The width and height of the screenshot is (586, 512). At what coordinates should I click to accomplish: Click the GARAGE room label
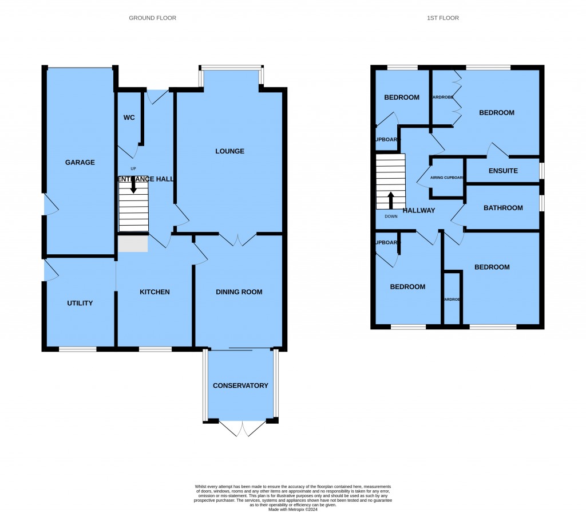[80, 163]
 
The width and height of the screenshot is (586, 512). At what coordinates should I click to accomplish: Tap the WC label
[129, 118]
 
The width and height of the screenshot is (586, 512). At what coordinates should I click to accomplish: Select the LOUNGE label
[229, 151]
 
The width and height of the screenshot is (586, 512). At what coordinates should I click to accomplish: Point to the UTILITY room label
[80, 303]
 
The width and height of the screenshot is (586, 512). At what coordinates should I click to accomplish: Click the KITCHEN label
[155, 292]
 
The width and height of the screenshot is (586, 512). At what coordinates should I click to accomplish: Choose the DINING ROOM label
[239, 292]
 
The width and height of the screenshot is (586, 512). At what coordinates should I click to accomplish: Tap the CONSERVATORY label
[240, 385]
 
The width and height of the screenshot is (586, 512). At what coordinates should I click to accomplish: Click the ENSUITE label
[503, 171]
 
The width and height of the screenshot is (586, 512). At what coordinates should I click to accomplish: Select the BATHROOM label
[503, 208]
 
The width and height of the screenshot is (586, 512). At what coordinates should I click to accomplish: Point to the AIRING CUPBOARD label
[447, 178]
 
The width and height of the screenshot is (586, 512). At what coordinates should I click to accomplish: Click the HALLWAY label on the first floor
[419, 211]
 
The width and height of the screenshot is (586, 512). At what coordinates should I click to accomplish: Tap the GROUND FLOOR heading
[152, 18]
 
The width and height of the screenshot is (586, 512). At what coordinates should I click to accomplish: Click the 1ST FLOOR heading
[442, 18]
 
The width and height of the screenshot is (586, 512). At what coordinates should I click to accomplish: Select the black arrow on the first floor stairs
[391, 200]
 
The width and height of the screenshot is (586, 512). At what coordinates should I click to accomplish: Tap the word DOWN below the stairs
[391, 216]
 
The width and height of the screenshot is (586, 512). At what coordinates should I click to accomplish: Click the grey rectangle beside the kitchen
[133, 243]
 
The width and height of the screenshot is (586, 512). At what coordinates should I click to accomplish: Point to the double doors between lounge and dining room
[237, 239]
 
